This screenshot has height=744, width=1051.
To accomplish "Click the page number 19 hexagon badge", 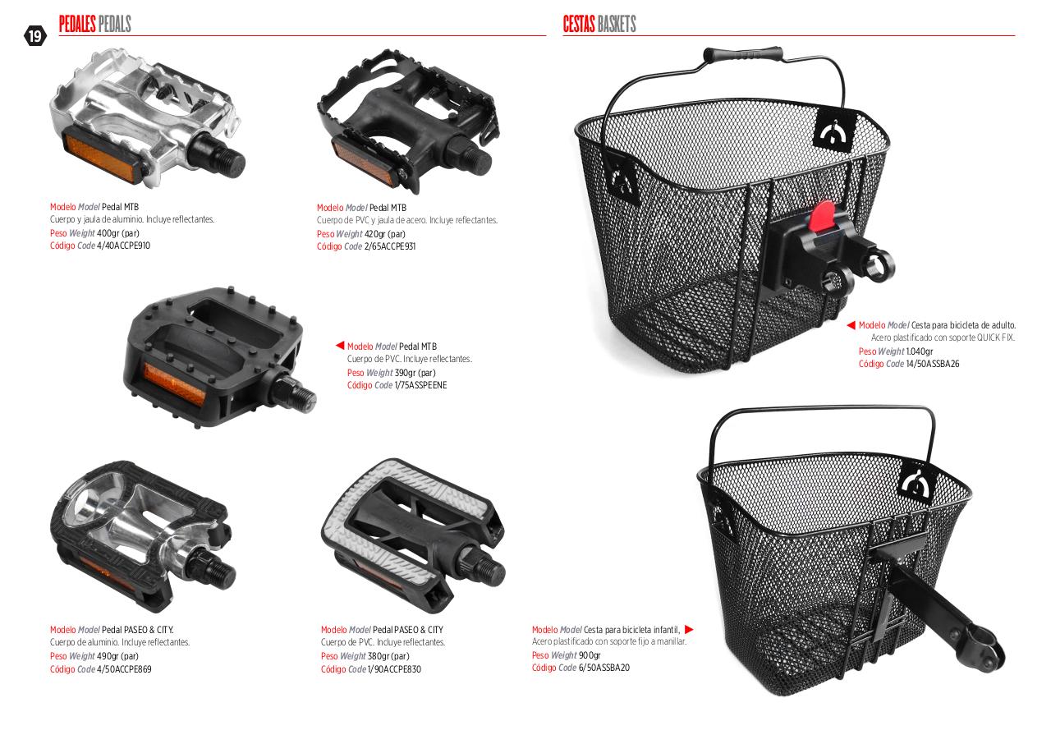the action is [x=35, y=36].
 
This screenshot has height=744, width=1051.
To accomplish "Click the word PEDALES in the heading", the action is [x=77, y=24].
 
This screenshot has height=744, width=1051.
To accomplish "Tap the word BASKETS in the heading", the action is [x=617, y=24].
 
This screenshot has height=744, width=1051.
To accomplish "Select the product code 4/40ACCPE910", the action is [x=123, y=246].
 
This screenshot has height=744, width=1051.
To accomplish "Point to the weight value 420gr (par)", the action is [x=385, y=234].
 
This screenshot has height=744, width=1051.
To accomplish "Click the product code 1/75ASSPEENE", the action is [x=420, y=386].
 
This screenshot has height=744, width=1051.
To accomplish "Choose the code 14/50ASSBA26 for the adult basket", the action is [x=933, y=364].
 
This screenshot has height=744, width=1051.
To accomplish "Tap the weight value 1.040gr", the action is [x=919, y=351].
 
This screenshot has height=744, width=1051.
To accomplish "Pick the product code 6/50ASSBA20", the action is [x=604, y=668].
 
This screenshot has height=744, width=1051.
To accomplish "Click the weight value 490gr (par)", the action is [x=117, y=656].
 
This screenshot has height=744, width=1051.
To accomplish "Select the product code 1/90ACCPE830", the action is [x=394, y=669].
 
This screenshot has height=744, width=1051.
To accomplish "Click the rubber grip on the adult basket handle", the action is [x=743, y=54].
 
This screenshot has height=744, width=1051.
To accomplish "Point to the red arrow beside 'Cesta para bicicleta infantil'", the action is [x=689, y=630].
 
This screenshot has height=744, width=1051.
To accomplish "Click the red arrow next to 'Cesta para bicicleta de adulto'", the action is [x=851, y=325].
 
